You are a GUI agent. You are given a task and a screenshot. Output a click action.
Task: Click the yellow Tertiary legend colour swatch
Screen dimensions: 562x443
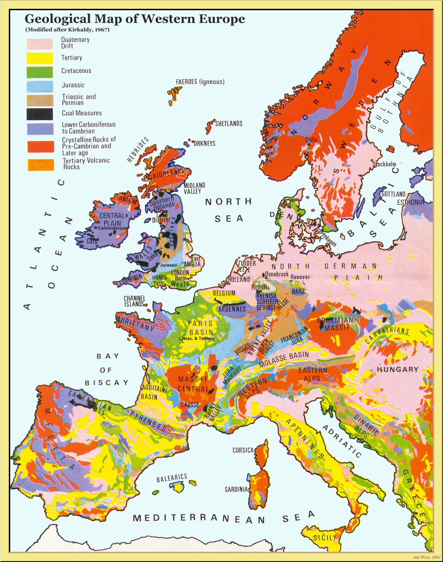tap(40, 58)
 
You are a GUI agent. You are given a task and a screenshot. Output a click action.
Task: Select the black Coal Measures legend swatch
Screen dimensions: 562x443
tap(40, 114)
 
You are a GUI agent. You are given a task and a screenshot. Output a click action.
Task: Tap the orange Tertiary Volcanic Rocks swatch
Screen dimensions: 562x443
tap(41, 165)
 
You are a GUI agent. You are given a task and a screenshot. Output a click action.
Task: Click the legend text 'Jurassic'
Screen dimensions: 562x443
tap(73, 85)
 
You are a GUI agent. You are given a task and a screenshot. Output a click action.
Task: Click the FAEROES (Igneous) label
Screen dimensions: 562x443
tap(200, 82)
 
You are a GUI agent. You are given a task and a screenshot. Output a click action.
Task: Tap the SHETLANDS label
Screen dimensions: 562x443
tap(229, 124)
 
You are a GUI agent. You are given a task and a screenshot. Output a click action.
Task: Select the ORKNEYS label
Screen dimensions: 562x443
tap(204, 143)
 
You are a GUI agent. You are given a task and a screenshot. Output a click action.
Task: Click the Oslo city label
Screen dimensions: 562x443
tap(311, 140)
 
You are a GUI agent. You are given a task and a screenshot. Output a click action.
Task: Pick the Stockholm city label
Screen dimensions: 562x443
tap(384, 164)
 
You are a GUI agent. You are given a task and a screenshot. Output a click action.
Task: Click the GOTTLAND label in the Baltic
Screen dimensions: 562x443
tap(393, 194)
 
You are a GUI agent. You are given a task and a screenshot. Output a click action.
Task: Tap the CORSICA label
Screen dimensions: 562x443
tap(243, 450)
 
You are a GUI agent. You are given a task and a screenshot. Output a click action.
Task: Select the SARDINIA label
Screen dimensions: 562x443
tap(236, 489)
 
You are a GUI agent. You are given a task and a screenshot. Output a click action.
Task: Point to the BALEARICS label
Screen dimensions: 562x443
tap(171, 478)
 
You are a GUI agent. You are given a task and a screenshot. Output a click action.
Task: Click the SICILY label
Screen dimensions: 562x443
tap(325, 538)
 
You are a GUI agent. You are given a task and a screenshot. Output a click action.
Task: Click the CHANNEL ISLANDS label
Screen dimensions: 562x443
tap(134, 301)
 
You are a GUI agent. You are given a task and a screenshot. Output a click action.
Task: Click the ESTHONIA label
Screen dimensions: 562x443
tap(411, 202)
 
